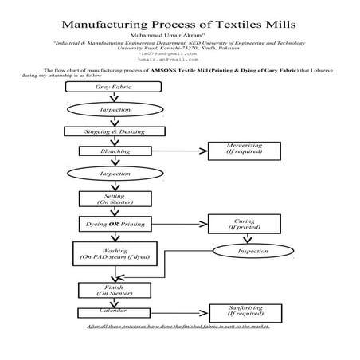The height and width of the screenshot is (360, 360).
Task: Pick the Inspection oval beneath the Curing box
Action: click(x=253, y=252)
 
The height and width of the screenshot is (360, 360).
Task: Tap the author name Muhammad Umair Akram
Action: click(x=179, y=35)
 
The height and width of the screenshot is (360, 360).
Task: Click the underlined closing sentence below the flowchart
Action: click(x=179, y=326)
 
